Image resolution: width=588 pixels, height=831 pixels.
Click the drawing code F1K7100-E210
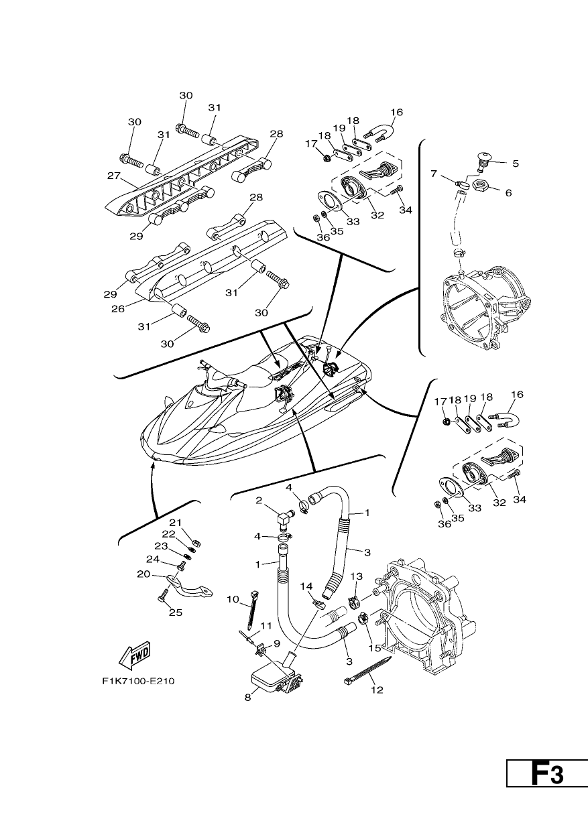139,681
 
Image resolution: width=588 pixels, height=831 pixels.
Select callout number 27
114,175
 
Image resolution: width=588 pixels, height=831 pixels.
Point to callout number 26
118,308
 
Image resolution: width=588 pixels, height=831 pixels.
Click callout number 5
516,164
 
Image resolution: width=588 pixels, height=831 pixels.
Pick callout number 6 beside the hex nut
508,192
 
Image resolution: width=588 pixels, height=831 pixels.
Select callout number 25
176,613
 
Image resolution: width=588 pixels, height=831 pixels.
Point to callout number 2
259,501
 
